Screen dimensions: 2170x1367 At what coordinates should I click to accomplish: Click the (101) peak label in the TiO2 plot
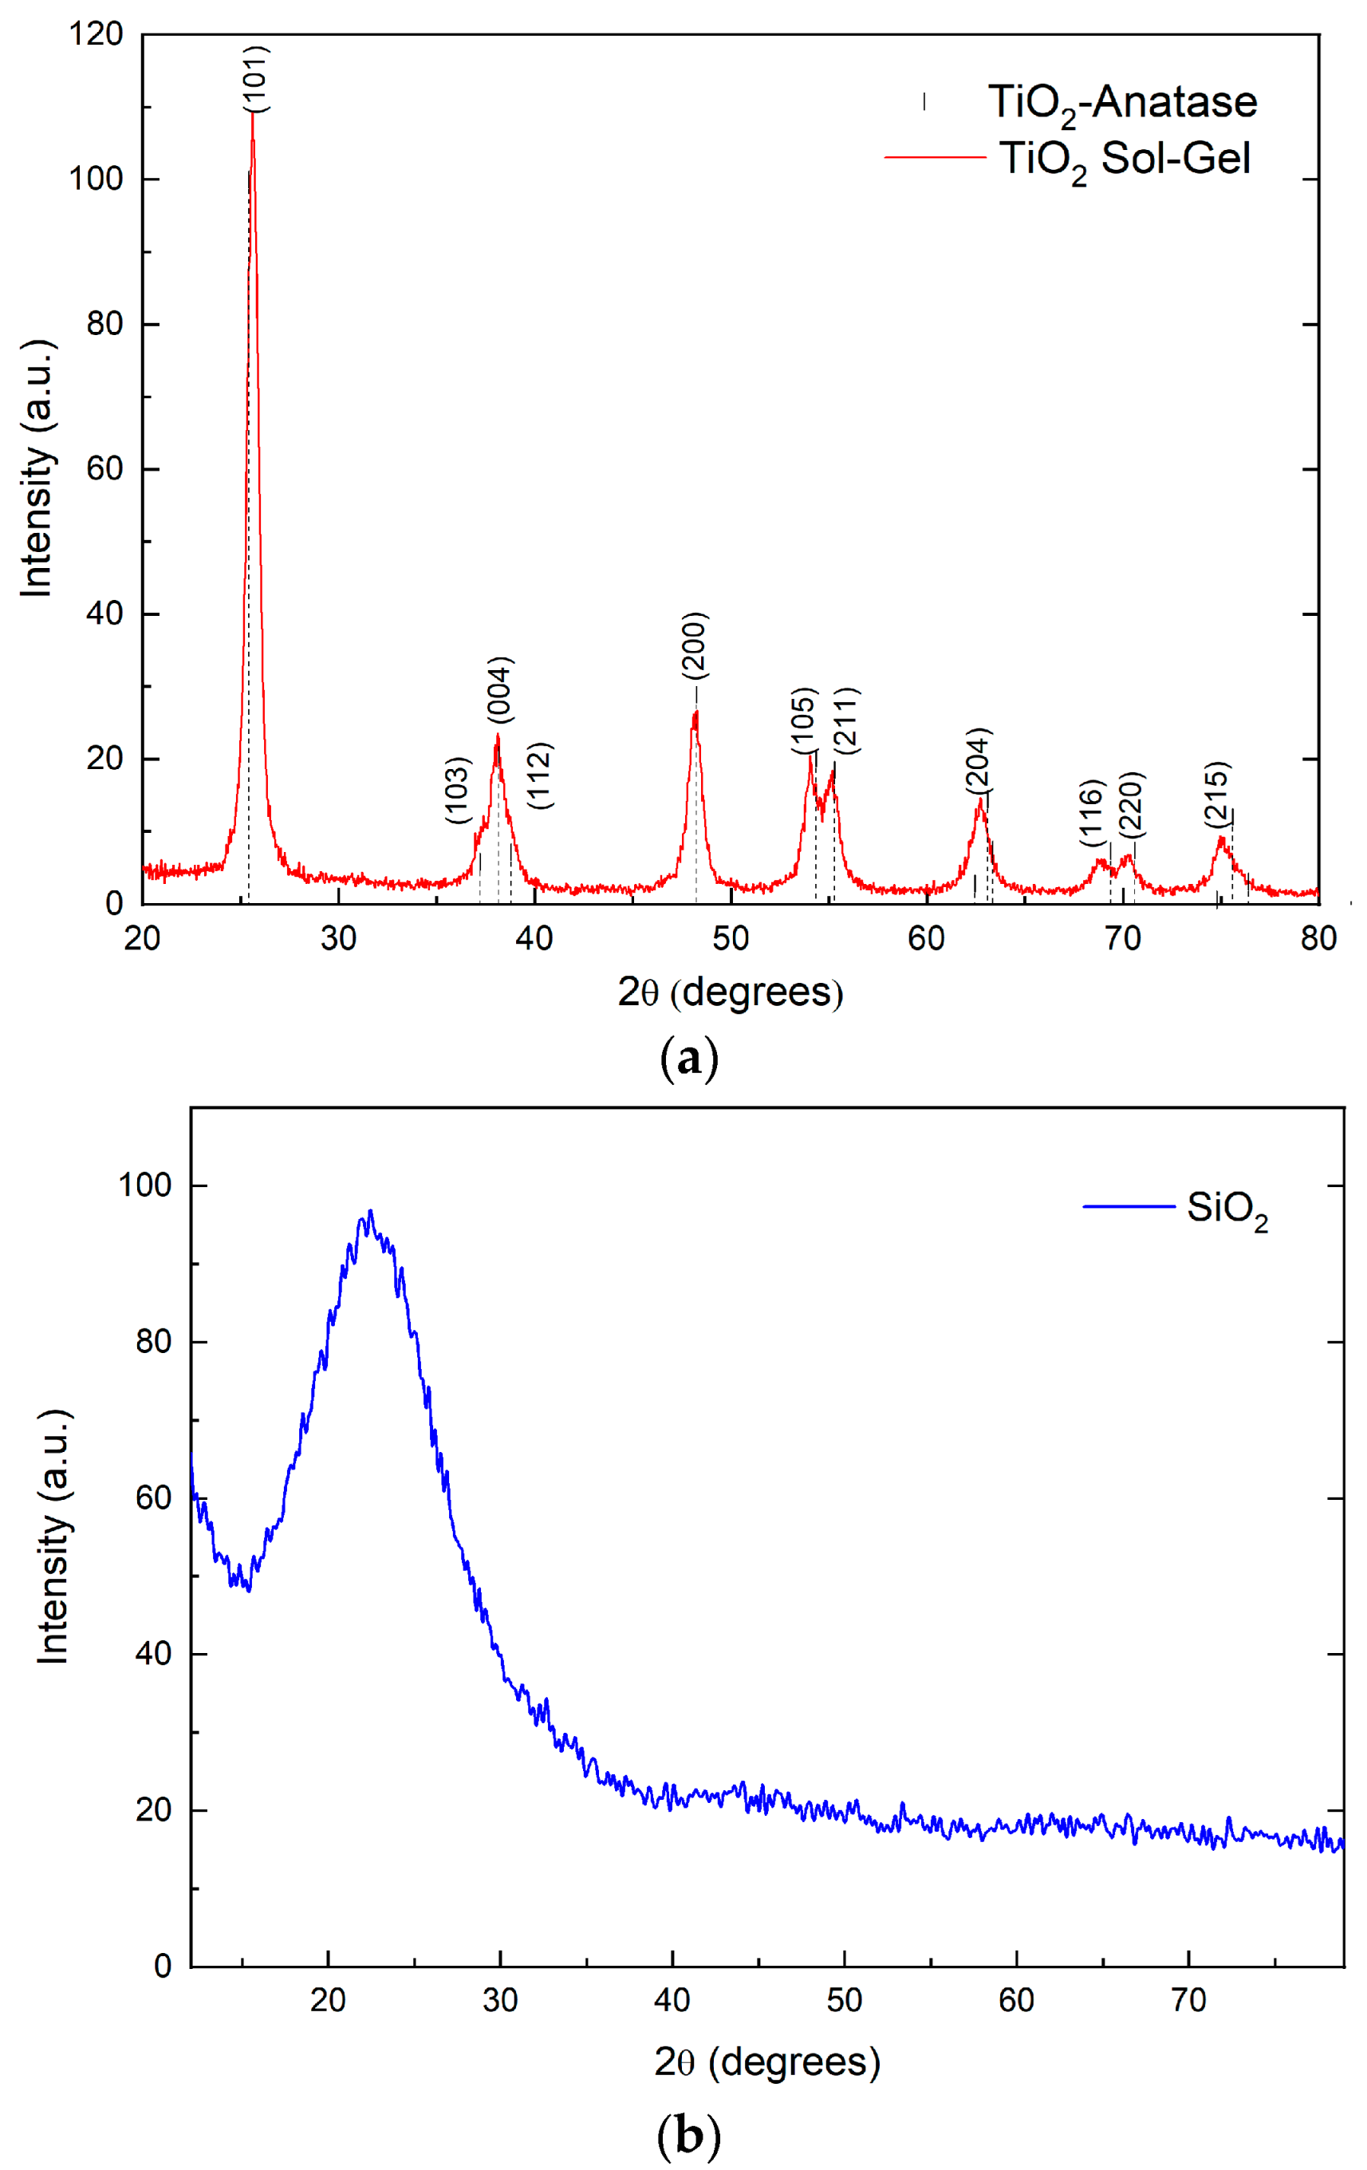tap(257, 78)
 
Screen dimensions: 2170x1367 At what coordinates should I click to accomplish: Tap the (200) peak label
tap(695, 645)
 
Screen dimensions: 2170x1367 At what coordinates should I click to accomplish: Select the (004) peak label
tap(500, 689)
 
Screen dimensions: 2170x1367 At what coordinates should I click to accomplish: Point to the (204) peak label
tap(979, 760)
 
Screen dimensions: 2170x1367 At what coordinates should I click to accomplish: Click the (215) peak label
tap(1217, 795)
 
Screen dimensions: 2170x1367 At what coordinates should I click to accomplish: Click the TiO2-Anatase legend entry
tap(1121, 102)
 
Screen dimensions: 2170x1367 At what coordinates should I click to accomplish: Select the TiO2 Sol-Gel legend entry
tap(1124, 159)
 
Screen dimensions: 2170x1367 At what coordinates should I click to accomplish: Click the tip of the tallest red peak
tap(253, 114)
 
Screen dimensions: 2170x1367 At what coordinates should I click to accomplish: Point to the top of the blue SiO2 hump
tap(369, 1212)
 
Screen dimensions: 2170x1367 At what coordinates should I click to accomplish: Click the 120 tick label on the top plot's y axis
tap(96, 34)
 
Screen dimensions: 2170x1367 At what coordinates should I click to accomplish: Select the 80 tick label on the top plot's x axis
tap(1318, 939)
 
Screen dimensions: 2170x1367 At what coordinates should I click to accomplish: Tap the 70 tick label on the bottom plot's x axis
tap(1188, 2001)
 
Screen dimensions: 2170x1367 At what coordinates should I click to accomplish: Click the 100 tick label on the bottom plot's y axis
tap(144, 1185)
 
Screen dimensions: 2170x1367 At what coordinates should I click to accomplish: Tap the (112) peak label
tap(540, 775)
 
